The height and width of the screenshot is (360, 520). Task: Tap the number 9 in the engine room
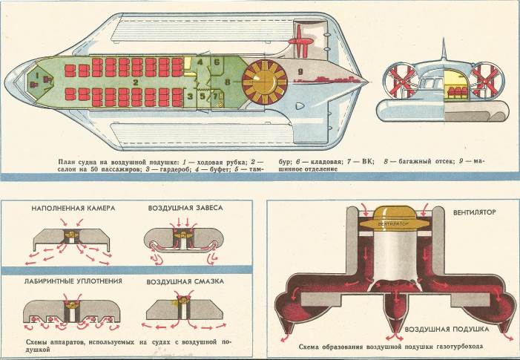point(301,71)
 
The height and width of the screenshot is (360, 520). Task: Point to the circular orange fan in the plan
point(263,79)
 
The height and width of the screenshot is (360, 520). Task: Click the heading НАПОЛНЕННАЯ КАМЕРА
point(73,210)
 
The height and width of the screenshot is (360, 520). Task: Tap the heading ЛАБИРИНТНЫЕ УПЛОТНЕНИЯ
point(73,282)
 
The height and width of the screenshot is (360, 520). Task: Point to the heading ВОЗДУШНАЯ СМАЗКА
point(180,282)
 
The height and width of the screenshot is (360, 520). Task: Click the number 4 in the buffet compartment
point(200,62)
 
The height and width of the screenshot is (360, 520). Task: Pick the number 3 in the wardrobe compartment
point(190,95)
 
